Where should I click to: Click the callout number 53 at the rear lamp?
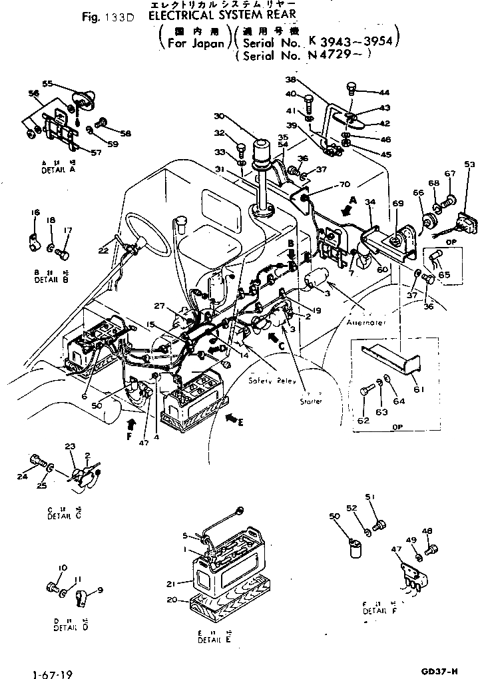click(x=469, y=164)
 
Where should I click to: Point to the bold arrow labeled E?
click(x=232, y=418)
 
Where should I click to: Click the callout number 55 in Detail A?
click(x=48, y=83)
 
